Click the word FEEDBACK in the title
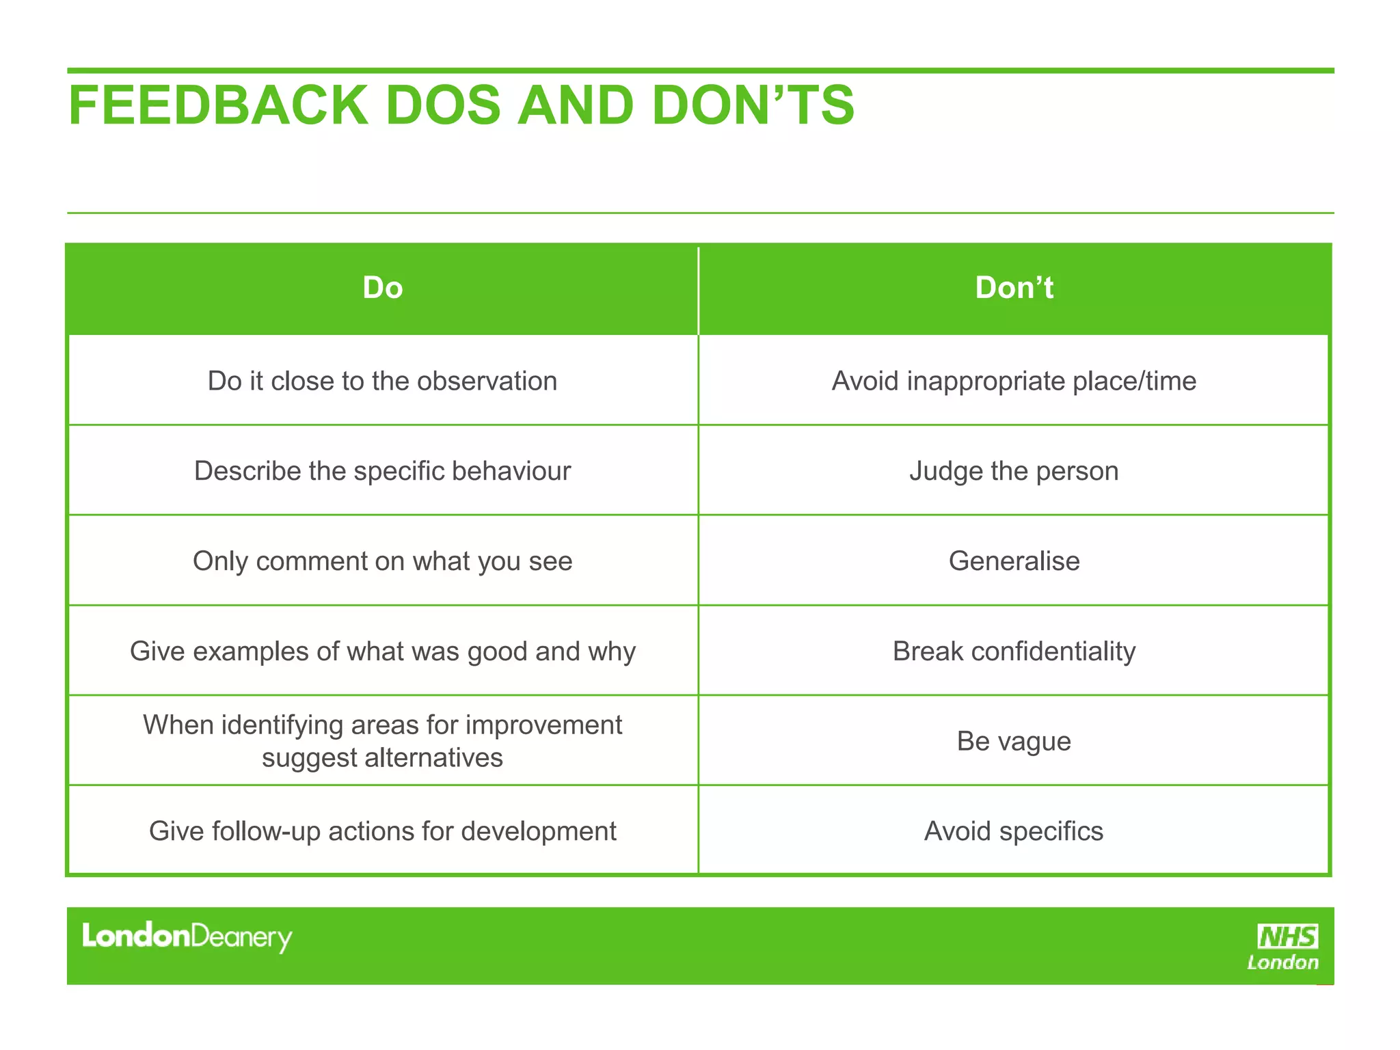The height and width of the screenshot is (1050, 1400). coord(218,106)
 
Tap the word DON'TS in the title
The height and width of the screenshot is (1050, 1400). coord(753,106)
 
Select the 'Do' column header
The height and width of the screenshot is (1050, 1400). coord(383,288)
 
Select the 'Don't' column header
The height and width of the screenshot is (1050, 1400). coord(1014,288)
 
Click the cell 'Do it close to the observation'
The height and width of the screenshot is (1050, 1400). coord(383,381)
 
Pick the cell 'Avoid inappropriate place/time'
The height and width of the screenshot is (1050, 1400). coord(1014,381)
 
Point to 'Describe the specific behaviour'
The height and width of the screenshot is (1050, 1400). coord(383,471)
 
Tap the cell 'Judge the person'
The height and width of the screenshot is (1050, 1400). coord(1014,471)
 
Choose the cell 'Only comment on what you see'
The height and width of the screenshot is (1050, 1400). coord(383,561)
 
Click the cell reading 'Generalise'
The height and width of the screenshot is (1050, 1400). coord(1014,561)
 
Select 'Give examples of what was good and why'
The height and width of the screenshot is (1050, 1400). coord(383,651)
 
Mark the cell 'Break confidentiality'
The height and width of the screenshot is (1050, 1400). coord(1014,651)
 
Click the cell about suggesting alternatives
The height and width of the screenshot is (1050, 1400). coord(383,741)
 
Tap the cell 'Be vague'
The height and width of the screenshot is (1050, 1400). coord(1014,741)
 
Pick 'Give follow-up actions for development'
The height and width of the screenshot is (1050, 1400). coord(383,831)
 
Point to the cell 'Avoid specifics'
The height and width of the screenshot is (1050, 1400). coord(1014,831)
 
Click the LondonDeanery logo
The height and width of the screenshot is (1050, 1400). coord(187,937)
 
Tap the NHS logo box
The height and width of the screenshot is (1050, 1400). coord(1287,936)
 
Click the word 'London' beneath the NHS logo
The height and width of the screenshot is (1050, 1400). coord(1282,962)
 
